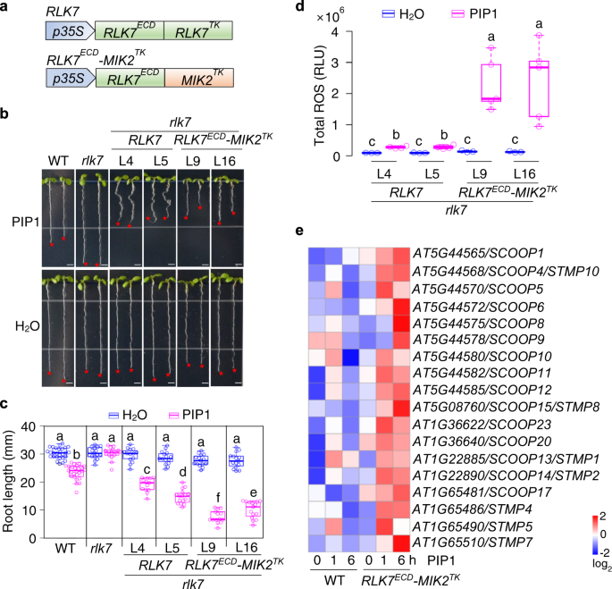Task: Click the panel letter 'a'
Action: tap(6, 8)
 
